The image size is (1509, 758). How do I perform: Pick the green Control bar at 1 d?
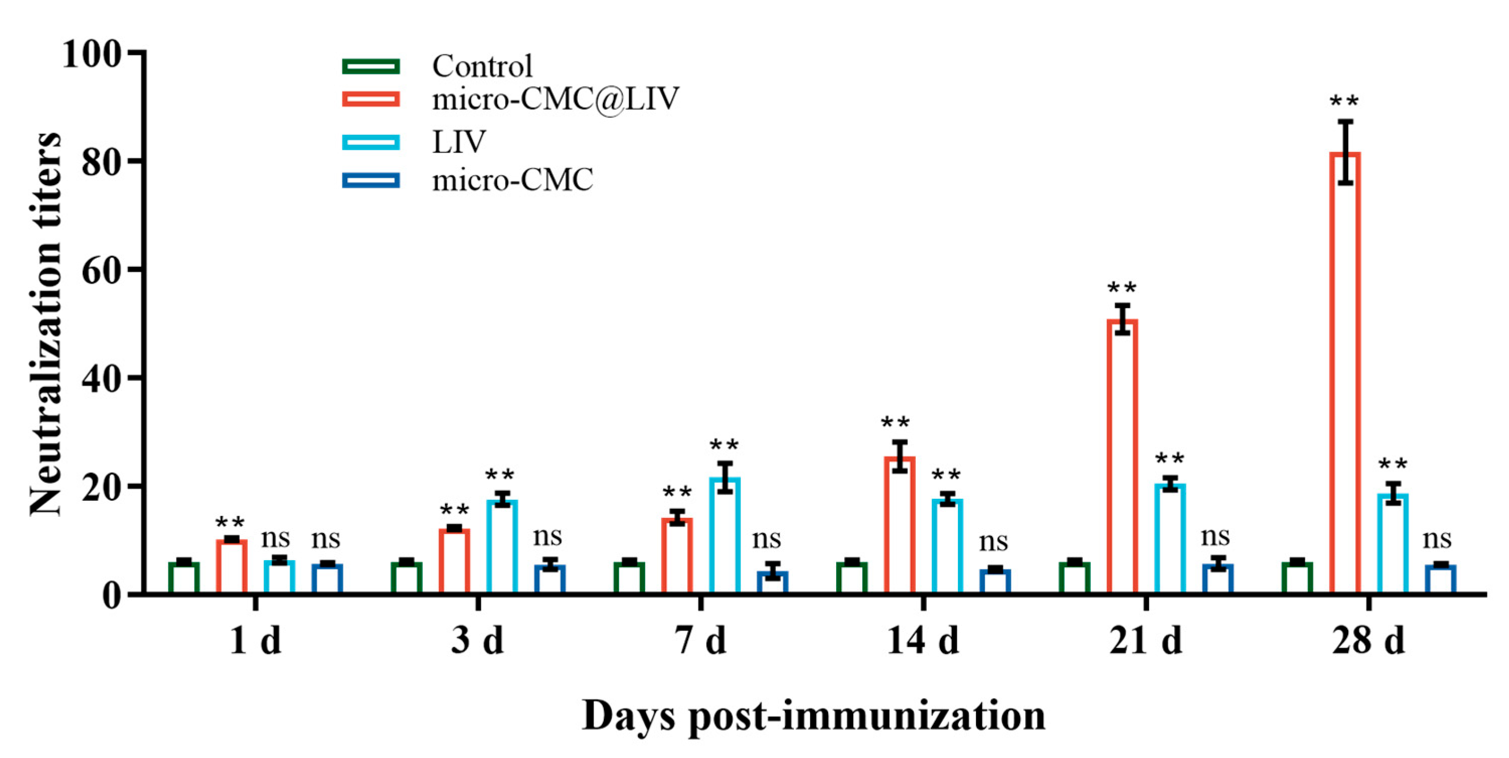[184, 577]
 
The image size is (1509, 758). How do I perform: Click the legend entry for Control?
[482, 65]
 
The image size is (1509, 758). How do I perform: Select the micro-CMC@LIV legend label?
[555, 99]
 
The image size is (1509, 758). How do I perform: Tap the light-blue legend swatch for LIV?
[371, 142]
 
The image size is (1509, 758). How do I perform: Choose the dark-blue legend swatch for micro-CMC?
[371, 180]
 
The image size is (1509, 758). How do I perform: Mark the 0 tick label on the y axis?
[111, 595]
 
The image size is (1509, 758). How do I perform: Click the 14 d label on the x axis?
[923, 640]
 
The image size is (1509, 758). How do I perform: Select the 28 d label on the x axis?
[1368, 640]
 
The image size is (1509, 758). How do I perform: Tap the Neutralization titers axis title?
[46, 324]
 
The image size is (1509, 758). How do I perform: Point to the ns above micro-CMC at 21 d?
[1215, 536]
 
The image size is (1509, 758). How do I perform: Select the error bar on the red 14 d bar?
[900, 456]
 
